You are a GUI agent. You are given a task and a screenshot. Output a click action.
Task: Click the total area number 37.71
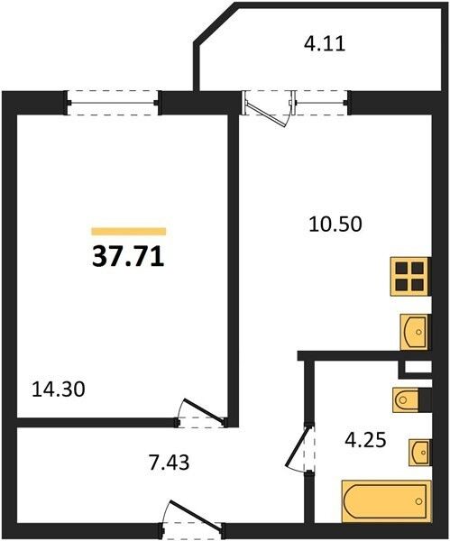(128, 257)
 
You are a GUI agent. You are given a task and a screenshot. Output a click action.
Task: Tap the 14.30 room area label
(59, 390)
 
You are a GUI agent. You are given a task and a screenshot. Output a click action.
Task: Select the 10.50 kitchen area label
(335, 224)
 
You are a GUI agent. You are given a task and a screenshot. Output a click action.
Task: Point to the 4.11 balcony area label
(325, 44)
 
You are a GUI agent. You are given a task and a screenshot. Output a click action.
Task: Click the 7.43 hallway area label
(170, 463)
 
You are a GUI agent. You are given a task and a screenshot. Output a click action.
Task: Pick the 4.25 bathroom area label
(365, 440)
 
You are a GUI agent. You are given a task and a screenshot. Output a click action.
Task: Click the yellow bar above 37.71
(129, 232)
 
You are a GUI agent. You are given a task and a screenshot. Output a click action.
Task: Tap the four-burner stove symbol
(410, 277)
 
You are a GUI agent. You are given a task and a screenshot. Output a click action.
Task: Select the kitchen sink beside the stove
(415, 332)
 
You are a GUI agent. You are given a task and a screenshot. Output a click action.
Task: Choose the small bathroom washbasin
(420, 453)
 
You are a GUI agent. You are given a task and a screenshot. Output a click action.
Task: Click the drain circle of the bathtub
(419, 500)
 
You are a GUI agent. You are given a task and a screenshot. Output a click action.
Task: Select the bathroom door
(299, 447)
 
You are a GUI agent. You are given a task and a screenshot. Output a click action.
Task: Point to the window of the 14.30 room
(113, 103)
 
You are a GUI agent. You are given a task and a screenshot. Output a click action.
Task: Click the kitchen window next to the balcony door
(322, 103)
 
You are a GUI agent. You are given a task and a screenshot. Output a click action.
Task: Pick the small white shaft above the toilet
(418, 367)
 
